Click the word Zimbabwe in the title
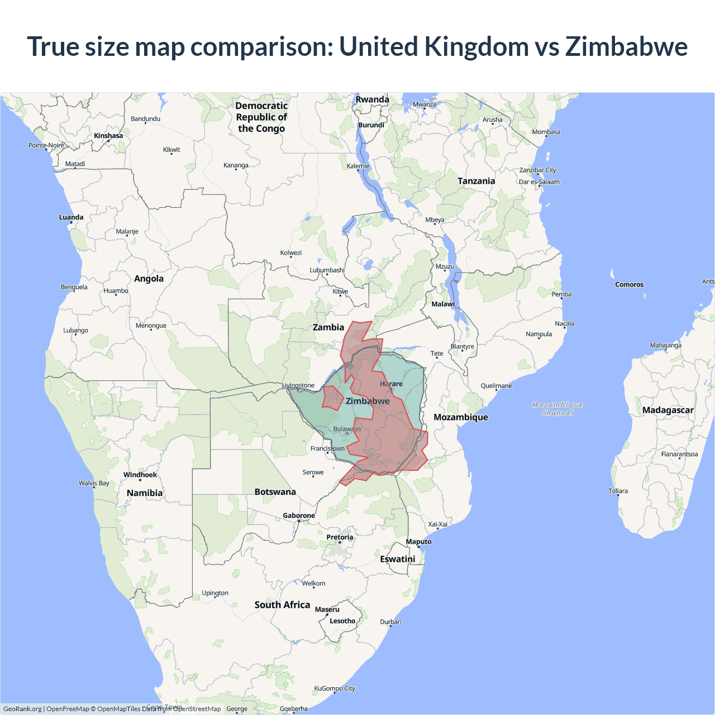pyautogui.click(x=626, y=46)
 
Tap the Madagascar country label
pyautogui.click(x=668, y=410)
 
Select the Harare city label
pyautogui.click(x=391, y=384)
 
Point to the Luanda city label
pyautogui.click(x=71, y=217)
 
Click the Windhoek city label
pyautogui.click(x=140, y=475)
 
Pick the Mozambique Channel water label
pyautogui.click(x=557, y=409)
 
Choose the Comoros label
pyautogui.click(x=629, y=284)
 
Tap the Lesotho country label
pyautogui.click(x=342, y=621)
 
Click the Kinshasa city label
pyautogui.click(x=108, y=136)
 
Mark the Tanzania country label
pyautogui.click(x=476, y=181)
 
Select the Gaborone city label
pyautogui.click(x=299, y=516)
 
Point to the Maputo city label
pyautogui.click(x=418, y=541)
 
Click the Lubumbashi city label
pyautogui.click(x=327, y=270)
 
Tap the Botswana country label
pyautogui.click(x=275, y=492)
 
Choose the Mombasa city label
pyautogui.click(x=546, y=132)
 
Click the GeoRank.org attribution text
pyautogui.click(x=22, y=709)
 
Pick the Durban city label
pyautogui.click(x=390, y=622)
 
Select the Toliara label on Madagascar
pyautogui.click(x=618, y=491)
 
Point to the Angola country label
pyautogui.click(x=149, y=279)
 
